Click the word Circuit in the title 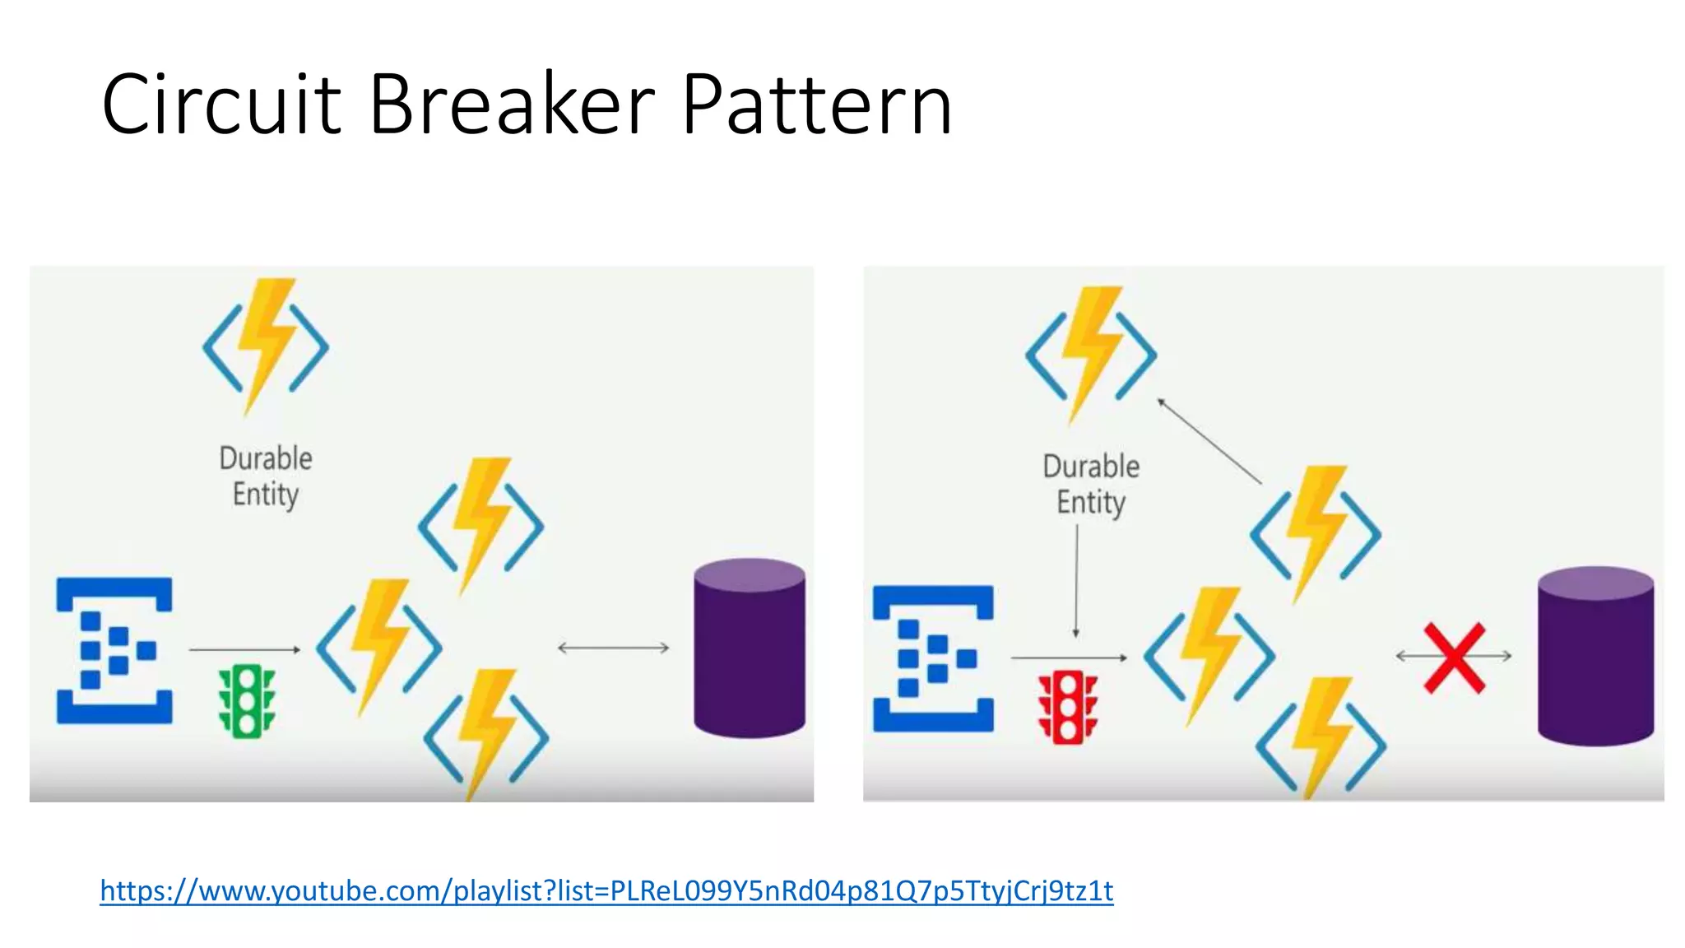pyautogui.click(x=220, y=105)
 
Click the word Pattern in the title pyautogui.click(x=816, y=105)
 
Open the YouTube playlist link pyautogui.click(x=606, y=890)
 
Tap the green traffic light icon pyautogui.click(x=246, y=701)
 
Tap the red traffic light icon pyautogui.click(x=1067, y=709)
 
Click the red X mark pyautogui.click(x=1455, y=658)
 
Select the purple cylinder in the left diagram pyautogui.click(x=749, y=648)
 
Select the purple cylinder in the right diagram pyautogui.click(x=1595, y=656)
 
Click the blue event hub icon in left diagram pyautogui.click(x=114, y=650)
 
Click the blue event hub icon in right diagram pyautogui.click(x=933, y=658)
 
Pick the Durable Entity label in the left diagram pyautogui.click(x=265, y=476)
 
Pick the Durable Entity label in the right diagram pyautogui.click(x=1091, y=484)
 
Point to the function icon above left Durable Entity pyautogui.click(x=265, y=346)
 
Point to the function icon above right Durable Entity pyautogui.click(x=1091, y=354)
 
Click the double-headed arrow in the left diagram pyautogui.click(x=613, y=648)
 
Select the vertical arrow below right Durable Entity pyautogui.click(x=1076, y=581)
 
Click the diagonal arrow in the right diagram pyautogui.click(x=1209, y=440)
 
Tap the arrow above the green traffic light pyautogui.click(x=244, y=650)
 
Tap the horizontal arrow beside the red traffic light pyautogui.click(x=1068, y=658)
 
